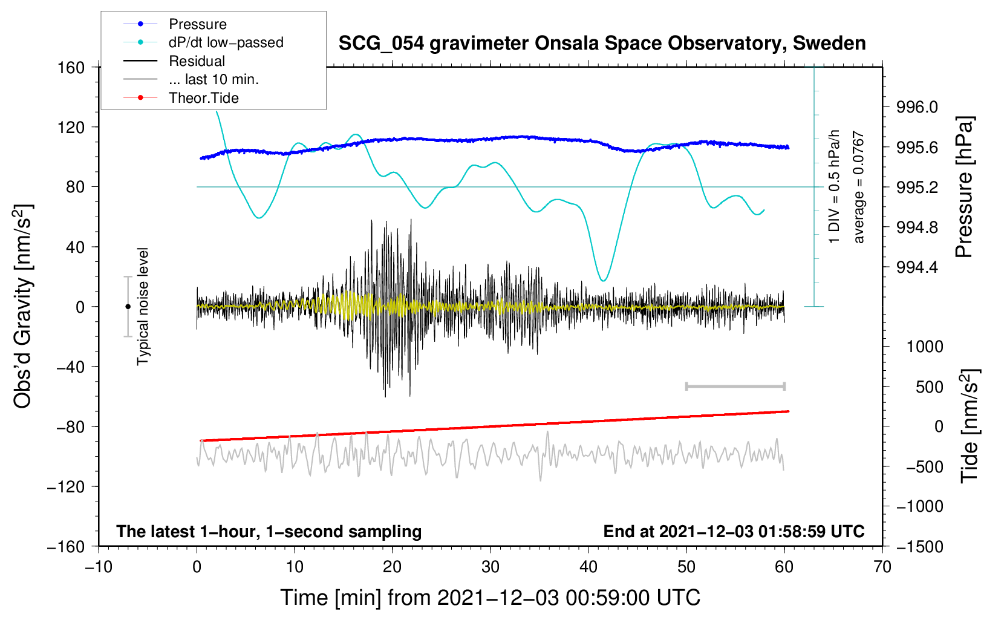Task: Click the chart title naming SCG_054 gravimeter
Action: point(602,44)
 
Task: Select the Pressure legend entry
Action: point(197,24)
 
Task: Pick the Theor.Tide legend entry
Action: point(203,98)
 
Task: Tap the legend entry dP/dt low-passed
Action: point(226,42)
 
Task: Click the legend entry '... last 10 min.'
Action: point(213,79)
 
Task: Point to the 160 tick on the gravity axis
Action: point(71,67)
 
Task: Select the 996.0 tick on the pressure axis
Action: point(917,107)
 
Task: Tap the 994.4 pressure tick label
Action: point(917,267)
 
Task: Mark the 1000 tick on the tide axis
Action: point(924,347)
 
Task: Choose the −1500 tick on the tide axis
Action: point(919,546)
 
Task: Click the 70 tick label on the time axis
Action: point(882,567)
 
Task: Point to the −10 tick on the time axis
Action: point(99,567)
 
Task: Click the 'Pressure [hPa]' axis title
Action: point(965,188)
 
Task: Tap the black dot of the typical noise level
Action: point(128,307)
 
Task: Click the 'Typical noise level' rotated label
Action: point(143,307)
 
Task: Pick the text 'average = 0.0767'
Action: point(859,188)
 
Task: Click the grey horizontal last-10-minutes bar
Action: point(735,386)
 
